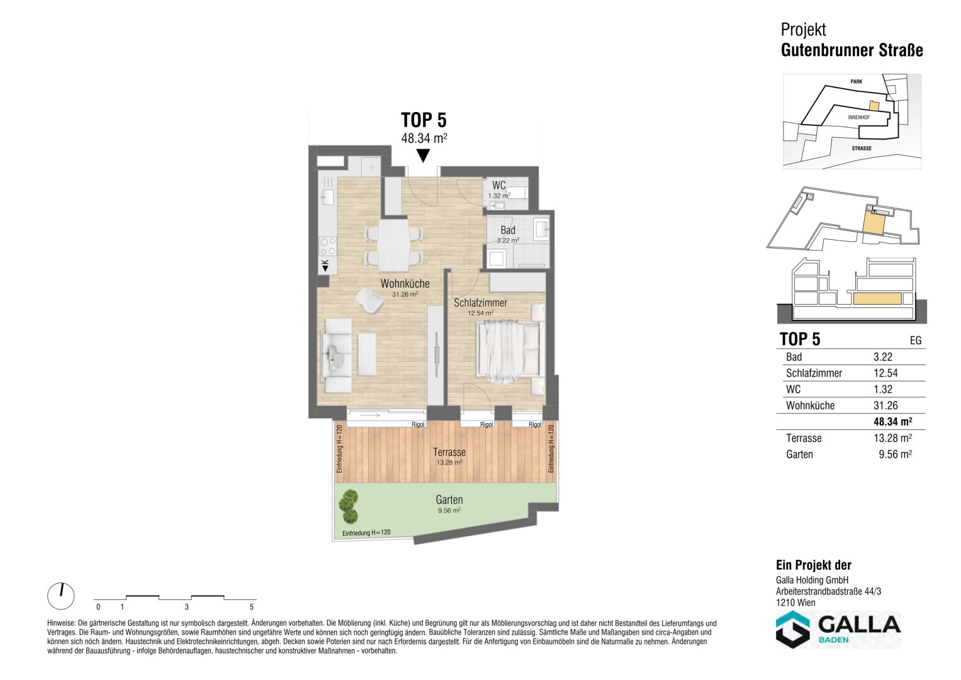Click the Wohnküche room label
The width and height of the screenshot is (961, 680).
(405, 283)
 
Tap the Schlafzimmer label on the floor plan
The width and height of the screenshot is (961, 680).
(481, 303)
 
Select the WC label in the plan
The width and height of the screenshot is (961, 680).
(498, 186)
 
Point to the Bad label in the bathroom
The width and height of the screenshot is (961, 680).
(508, 230)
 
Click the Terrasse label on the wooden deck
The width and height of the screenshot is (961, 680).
(449, 452)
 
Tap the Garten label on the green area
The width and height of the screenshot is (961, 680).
(449, 500)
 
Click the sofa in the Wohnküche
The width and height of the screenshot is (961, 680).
(337, 356)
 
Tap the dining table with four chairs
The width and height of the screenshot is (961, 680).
(393, 245)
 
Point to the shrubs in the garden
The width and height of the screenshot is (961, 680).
(348, 507)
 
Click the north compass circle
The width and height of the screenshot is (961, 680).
(61, 596)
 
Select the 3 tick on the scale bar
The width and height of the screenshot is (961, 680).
(187, 607)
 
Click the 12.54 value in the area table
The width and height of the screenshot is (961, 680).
(885, 373)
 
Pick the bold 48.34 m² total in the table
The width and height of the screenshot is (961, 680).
(893, 422)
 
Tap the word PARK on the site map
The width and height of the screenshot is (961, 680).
(857, 82)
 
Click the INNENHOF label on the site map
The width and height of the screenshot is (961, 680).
(858, 117)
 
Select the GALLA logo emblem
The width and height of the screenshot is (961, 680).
(793, 629)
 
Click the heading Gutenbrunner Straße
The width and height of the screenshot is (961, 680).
(851, 50)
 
